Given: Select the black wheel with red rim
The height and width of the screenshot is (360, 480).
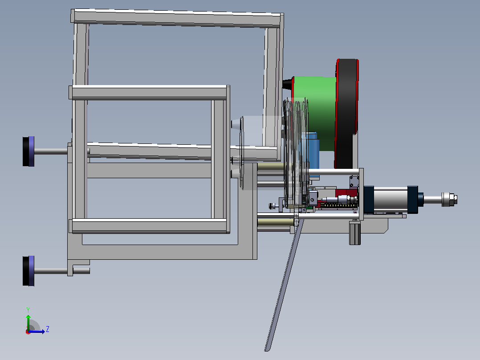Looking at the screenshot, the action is (347, 113).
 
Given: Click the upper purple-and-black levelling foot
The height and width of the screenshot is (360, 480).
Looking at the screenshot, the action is (28, 151).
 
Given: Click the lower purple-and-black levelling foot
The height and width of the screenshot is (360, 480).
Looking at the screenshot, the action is (28, 271).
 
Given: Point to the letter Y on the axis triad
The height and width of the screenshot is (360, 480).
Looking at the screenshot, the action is (28, 310).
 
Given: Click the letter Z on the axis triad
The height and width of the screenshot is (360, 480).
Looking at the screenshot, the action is (48, 329).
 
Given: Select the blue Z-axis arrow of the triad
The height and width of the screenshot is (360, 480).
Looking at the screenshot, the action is (37, 331).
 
